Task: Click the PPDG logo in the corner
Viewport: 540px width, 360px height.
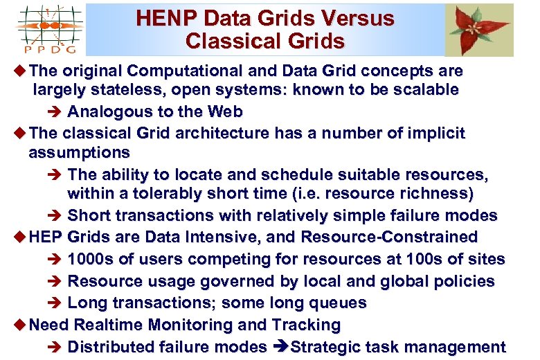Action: [x=48, y=28]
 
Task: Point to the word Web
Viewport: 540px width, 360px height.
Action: [x=224, y=111]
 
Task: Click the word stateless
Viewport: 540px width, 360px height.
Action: [x=129, y=90]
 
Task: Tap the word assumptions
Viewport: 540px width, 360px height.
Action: [x=80, y=152]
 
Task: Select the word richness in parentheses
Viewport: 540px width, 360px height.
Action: [x=437, y=192]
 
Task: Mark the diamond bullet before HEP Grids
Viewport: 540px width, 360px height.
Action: [x=19, y=237]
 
